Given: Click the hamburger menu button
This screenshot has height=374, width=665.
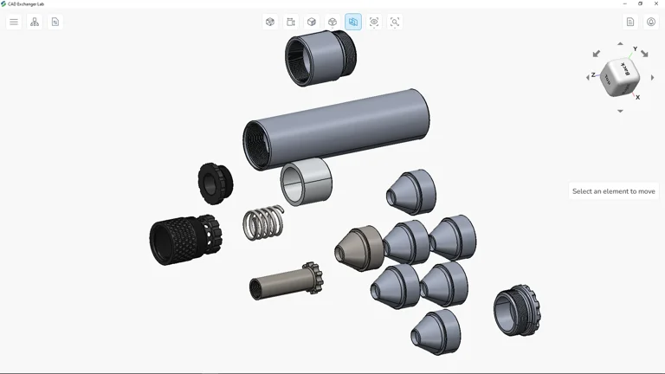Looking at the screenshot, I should click(x=14, y=22).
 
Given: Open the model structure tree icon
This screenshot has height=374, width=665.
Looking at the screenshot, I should click(x=35, y=22).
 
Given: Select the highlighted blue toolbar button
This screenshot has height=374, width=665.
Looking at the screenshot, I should click(x=353, y=22).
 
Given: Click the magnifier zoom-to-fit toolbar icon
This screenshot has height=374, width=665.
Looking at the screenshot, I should click(x=395, y=22).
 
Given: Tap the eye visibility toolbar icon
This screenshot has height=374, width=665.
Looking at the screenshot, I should click(x=374, y=22).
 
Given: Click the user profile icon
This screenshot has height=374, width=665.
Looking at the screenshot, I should click(x=651, y=22).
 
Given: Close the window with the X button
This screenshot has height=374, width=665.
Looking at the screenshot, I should click(x=656, y=3).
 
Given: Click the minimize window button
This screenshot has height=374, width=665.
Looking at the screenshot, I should click(x=625, y=3).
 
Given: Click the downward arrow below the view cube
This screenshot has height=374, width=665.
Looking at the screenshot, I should click(x=620, y=111).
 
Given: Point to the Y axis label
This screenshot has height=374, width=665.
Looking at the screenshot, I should click(x=635, y=49).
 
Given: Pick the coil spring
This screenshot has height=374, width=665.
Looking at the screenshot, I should click(x=263, y=222).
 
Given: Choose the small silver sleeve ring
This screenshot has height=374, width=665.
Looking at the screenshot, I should click(x=307, y=182).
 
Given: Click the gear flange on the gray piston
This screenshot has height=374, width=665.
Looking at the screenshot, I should click(x=312, y=278).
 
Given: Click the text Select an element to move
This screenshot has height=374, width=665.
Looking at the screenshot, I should click(x=613, y=191).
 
